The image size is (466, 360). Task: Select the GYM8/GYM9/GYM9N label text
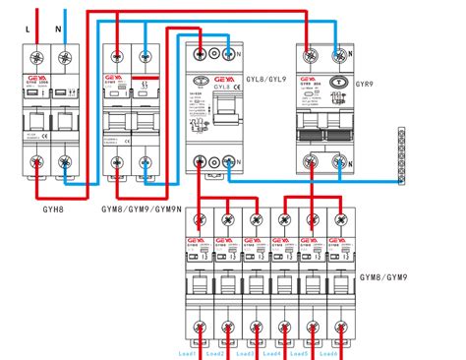point(140,208)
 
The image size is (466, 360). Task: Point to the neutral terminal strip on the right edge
point(402,155)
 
